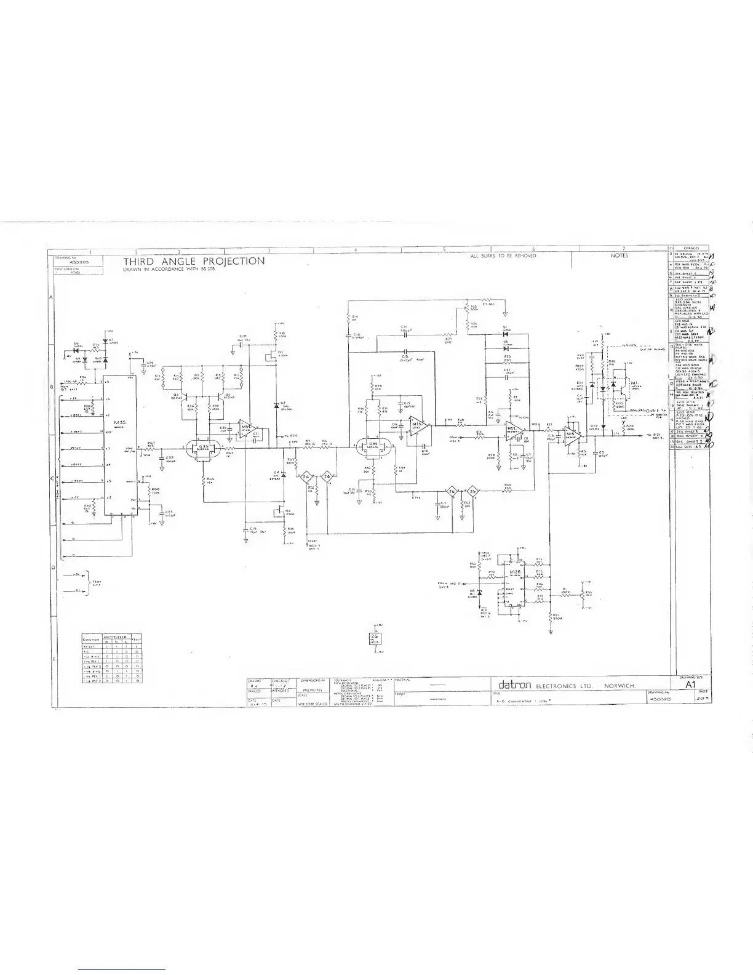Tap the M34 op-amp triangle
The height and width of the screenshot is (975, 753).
(x=246, y=428)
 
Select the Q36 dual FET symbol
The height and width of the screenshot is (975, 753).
(x=204, y=447)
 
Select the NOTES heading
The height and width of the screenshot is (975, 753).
(x=619, y=255)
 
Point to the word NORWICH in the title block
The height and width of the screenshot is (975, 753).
(x=623, y=686)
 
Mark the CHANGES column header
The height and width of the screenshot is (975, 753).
(x=691, y=248)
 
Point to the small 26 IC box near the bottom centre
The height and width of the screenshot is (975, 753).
(x=374, y=638)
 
